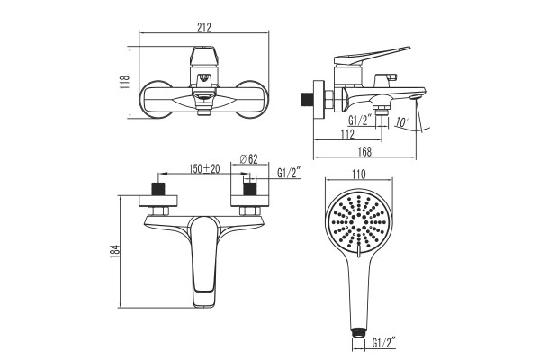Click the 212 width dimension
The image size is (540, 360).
(204, 27)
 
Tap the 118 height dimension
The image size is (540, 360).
(124, 82)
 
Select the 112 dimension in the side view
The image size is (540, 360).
(347, 134)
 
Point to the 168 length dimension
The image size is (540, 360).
(364, 151)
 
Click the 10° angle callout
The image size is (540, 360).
(402, 122)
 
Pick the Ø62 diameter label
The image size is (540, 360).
(249, 158)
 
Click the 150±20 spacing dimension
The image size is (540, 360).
(204, 169)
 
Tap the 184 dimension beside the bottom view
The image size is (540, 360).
(115, 252)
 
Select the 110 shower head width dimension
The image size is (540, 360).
(359, 175)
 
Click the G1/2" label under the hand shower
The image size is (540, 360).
(383, 343)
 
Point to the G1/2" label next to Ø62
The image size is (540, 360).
(290, 173)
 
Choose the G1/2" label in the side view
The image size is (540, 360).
(360, 121)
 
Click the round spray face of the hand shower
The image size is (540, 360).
(359, 222)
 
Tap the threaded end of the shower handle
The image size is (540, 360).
(358, 333)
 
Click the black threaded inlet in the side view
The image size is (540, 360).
(305, 100)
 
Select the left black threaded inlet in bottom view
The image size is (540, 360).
(158, 189)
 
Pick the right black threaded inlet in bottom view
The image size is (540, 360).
(249, 189)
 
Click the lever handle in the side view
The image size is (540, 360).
(372, 56)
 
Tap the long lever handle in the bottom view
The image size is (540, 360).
(205, 261)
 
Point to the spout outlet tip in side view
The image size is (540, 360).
(416, 97)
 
